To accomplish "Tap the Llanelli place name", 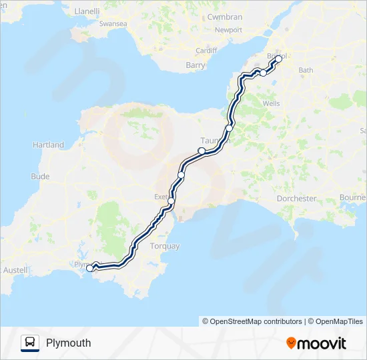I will [87, 11].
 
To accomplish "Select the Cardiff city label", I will [206, 51].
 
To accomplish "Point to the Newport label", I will [228, 30].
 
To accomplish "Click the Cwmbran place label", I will [225, 17].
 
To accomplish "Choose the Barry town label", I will [196, 65].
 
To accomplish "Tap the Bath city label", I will [306, 70].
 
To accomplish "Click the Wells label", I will [272, 104].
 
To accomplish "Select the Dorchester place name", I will [297, 199].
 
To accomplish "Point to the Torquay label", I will [166, 246].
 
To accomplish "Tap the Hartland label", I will [49, 145].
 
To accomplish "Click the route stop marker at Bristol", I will [279, 59].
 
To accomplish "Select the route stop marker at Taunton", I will [202, 151].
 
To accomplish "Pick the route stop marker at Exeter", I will [171, 201].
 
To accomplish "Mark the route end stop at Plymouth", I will [89, 268].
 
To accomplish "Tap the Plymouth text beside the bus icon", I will [69, 343].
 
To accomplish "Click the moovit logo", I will [316, 343].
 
